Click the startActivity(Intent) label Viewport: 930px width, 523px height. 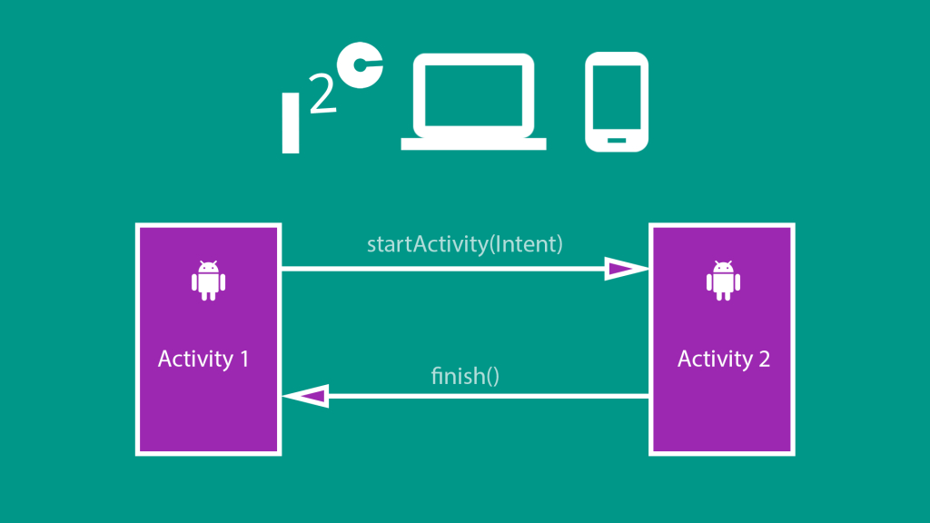coord(465,244)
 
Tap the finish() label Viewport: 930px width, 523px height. coord(465,375)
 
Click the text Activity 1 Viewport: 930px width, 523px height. coord(203,359)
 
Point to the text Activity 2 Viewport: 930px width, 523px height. coord(724,359)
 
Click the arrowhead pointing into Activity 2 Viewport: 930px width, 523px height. coord(625,268)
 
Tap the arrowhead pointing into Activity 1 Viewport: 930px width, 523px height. coord(305,396)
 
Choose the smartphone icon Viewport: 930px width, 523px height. coord(617,101)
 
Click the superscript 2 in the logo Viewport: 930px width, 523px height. coord(321,98)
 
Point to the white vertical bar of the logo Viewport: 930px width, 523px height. coord(291,123)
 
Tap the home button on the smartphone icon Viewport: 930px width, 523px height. coord(617,140)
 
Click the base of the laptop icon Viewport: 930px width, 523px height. coord(473,143)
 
